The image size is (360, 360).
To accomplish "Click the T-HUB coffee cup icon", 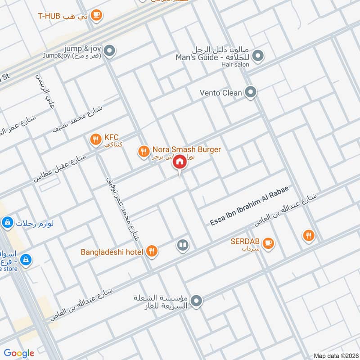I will (x=96, y=15).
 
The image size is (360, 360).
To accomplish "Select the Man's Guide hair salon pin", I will (x=257, y=56).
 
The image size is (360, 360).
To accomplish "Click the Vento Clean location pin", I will (x=251, y=93).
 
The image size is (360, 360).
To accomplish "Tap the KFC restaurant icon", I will (x=95, y=139).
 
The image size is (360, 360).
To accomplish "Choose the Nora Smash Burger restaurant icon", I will (x=143, y=152).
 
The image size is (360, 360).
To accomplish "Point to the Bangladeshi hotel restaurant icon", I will (x=152, y=252).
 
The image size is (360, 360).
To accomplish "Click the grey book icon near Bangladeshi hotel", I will (x=182, y=245).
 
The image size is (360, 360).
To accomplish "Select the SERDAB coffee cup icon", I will (x=268, y=243).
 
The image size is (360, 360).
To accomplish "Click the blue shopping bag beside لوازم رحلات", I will (x=7, y=222).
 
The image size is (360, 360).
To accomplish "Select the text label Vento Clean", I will (x=221, y=93).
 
